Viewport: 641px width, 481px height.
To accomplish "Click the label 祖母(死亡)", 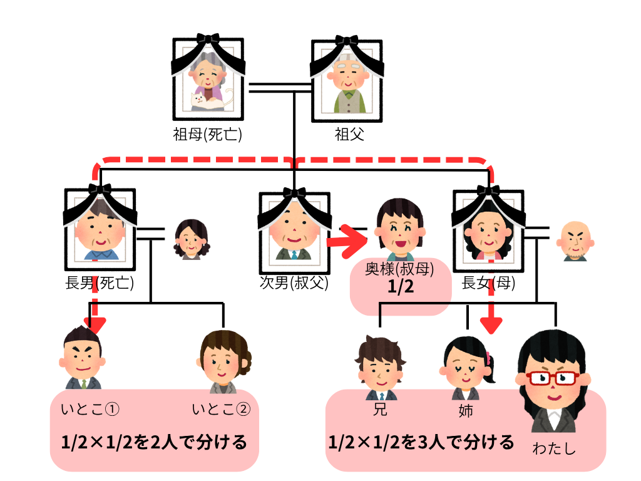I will pos(207,134).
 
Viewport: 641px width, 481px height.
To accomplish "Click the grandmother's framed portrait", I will pos(207,75).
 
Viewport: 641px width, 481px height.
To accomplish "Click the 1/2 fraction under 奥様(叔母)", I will pos(400,289).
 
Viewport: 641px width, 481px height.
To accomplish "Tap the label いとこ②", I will pos(221,410).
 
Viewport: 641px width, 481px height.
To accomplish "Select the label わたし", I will pos(553,449).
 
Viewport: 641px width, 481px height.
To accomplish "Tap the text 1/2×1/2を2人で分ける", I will pos(154,443).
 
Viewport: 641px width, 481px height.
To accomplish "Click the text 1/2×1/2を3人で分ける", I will pos(421,442).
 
